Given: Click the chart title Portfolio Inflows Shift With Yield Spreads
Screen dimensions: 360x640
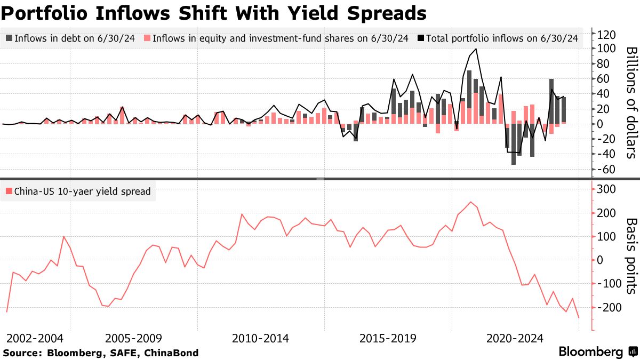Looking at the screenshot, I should (x=213, y=12).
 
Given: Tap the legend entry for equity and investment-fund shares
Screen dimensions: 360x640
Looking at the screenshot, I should (x=279, y=38).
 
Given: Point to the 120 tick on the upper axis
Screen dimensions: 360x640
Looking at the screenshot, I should (x=607, y=35).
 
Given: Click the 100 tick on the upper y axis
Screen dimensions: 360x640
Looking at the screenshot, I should (x=607, y=49).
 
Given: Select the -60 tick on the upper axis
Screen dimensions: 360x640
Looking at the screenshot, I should (x=607, y=170).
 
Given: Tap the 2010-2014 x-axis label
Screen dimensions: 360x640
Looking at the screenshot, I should (x=260, y=338).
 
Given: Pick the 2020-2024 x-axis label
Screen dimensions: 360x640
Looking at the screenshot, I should (x=515, y=338).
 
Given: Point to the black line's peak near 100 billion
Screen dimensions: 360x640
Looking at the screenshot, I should (x=476, y=49).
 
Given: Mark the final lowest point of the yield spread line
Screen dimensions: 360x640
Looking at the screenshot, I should (x=579, y=318).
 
